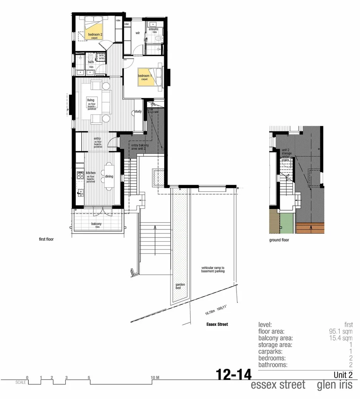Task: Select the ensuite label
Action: (153, 29)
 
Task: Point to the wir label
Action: (137, 32)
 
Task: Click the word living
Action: (91, 100)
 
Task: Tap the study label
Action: (138, 111)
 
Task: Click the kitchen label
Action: (91, 173)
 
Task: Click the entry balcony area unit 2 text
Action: (140, 147)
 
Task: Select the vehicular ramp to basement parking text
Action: (213, 269)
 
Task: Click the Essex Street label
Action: (217, 324)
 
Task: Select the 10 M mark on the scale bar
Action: (155, 377)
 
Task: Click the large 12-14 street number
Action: (234, 375)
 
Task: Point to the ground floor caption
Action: (279, 240)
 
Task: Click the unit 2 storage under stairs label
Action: (286, 155)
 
